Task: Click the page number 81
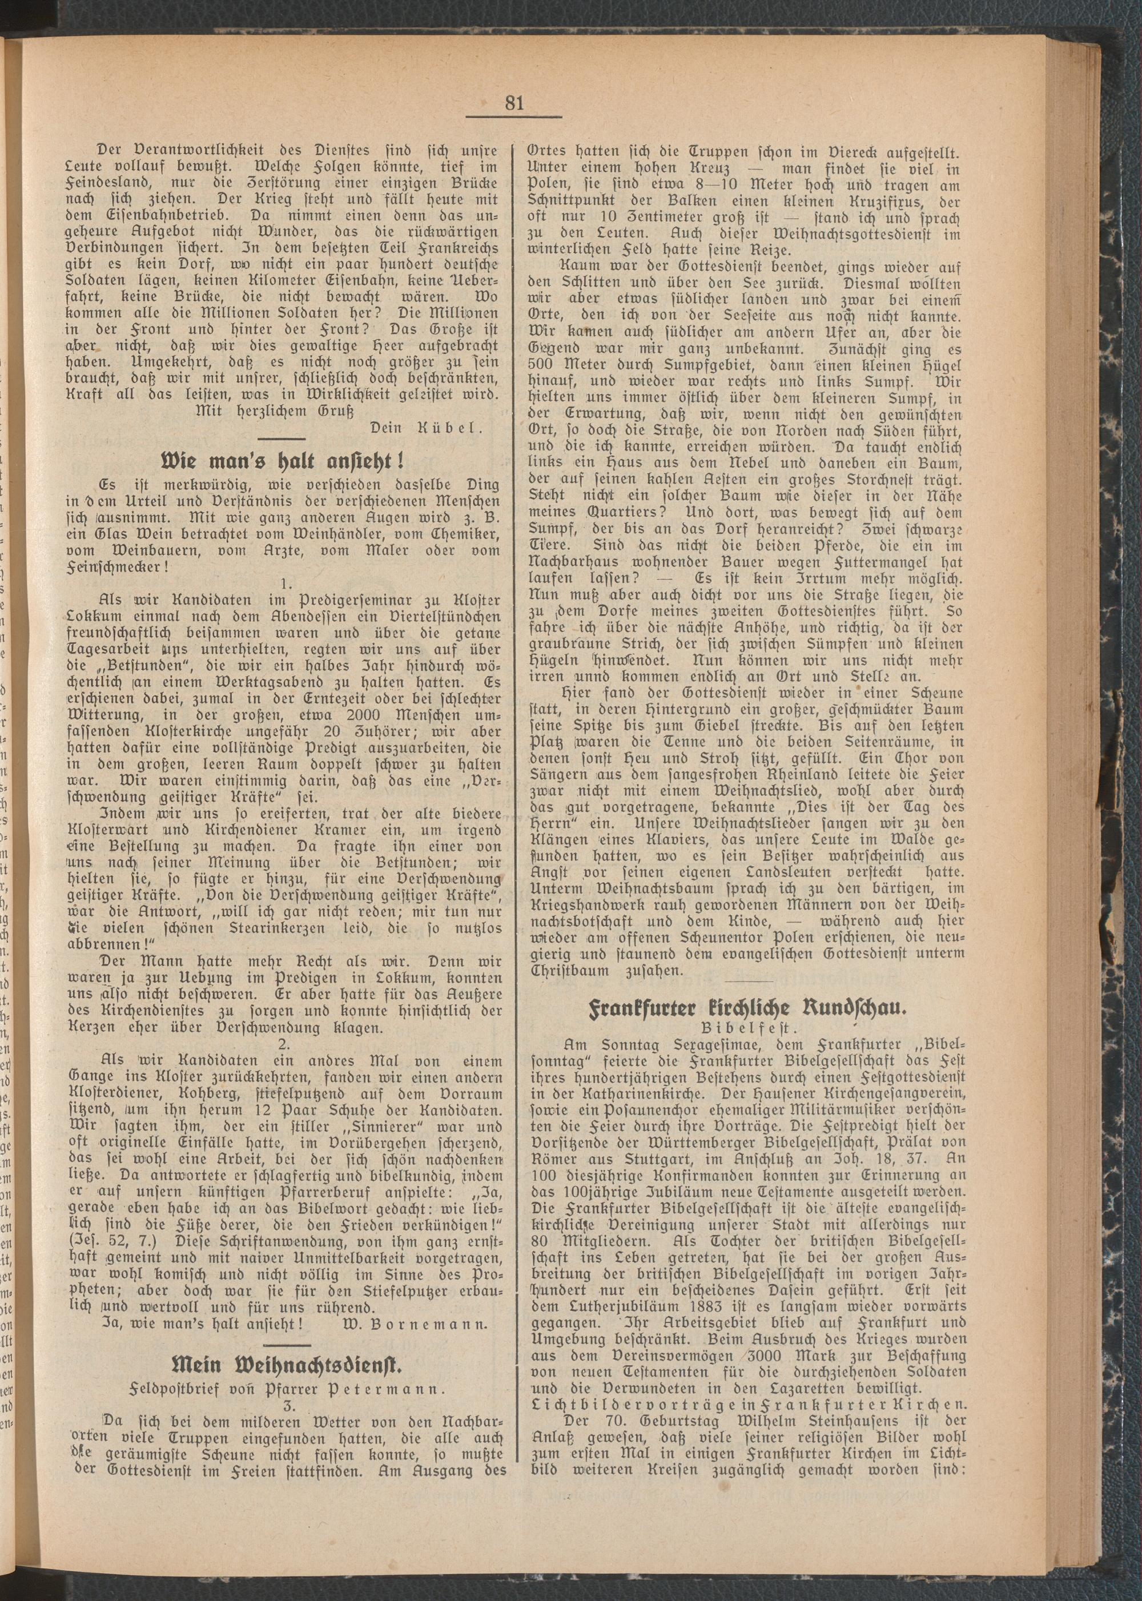(x=514, y=103)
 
